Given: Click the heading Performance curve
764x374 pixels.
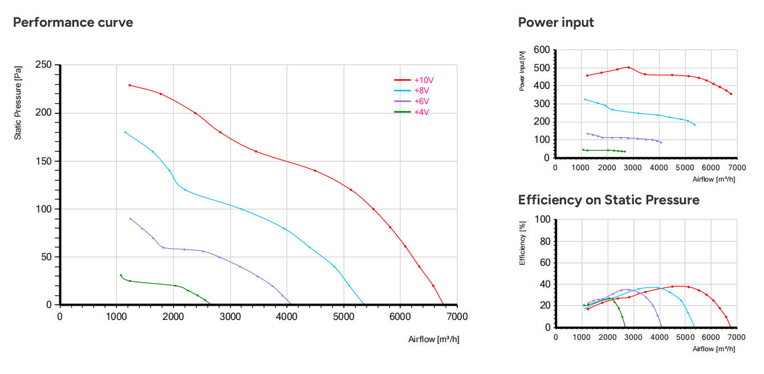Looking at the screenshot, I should (x=73, y=23).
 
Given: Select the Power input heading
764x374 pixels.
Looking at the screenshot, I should (x=556, y=23).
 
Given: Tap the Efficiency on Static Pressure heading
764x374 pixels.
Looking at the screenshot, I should (x=608, y=200).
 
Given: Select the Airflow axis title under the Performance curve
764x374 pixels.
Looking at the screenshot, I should (x=433, y=339).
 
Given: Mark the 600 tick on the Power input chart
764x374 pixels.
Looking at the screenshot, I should (x=542, y=50).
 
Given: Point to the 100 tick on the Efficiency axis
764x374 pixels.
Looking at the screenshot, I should (x=543, y=220).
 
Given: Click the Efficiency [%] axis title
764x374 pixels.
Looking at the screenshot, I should (x=522, y=243).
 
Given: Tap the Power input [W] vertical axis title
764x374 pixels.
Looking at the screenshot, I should (x=522, y=71).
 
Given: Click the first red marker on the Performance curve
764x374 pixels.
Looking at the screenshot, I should (x=130, y=85).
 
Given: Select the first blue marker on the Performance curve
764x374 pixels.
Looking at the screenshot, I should (x=125, y=132).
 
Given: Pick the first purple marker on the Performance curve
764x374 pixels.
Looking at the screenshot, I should (x=131, y=219).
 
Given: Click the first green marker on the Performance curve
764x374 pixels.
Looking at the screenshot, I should (x=120, y=275).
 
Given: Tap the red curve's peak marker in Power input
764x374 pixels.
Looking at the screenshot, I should (x=628, y=67).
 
